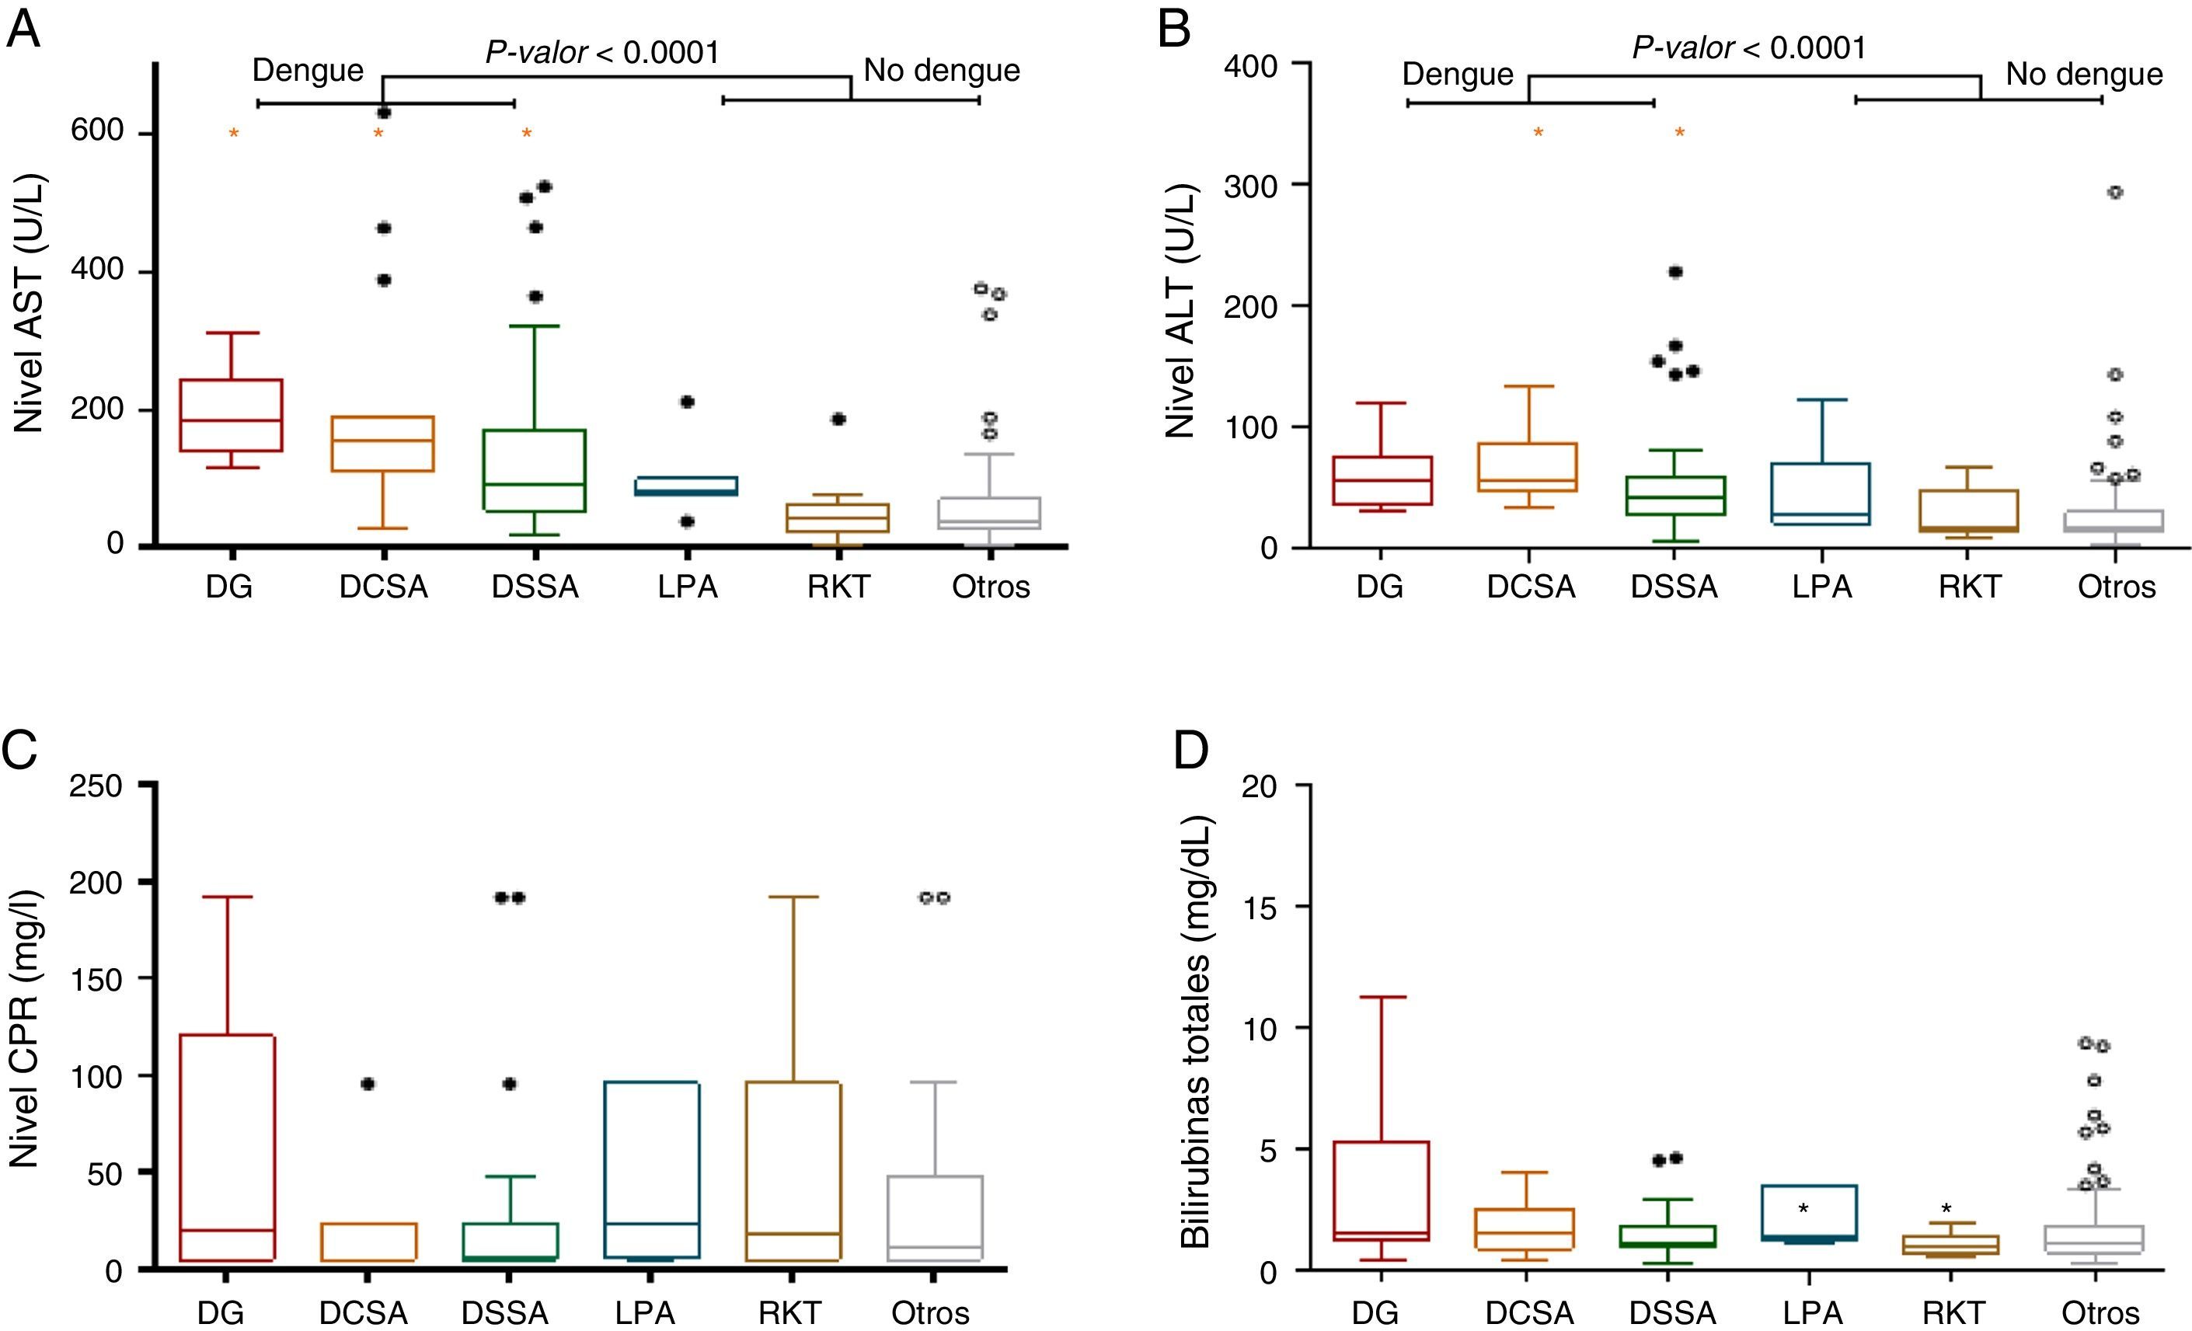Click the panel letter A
pyautogui.click(x=23, y=31)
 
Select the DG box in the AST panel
pyautogui.click(x=231, y=416)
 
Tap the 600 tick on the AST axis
pyautogui.click(x=98, y=131)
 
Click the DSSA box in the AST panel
pyautogui.click(x=535, y=470)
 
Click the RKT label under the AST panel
pyautogui.click(x=838, y=587)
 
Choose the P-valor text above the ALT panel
pyautogui.click(x=1748, y=48)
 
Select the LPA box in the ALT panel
pyautogui.click(x=1821, y=494)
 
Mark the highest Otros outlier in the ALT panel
pyautogui.click(x=2116, y=192)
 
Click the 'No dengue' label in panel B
pyautogui.click(x=2083, y=75)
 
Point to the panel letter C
pyautogui.click(x=21, y=750)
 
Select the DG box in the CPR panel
pyautogui.click(x=228, y=1148)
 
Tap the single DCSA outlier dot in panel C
pyautogui.click(x=368, y=1084)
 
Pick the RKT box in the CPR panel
pyautogui.click(x=792, y=1171)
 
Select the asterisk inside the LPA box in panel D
pyautogui.click(x=1803, y=1208)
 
